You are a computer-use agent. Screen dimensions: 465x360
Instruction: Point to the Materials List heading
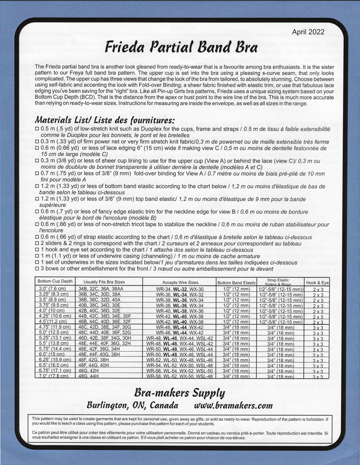pos(105,119)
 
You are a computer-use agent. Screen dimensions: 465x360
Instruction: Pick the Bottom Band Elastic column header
pos(236,283)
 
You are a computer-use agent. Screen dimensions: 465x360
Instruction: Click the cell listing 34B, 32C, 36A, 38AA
pos(101,289)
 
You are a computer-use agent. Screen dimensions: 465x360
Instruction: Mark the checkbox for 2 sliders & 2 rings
pos(37,243)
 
